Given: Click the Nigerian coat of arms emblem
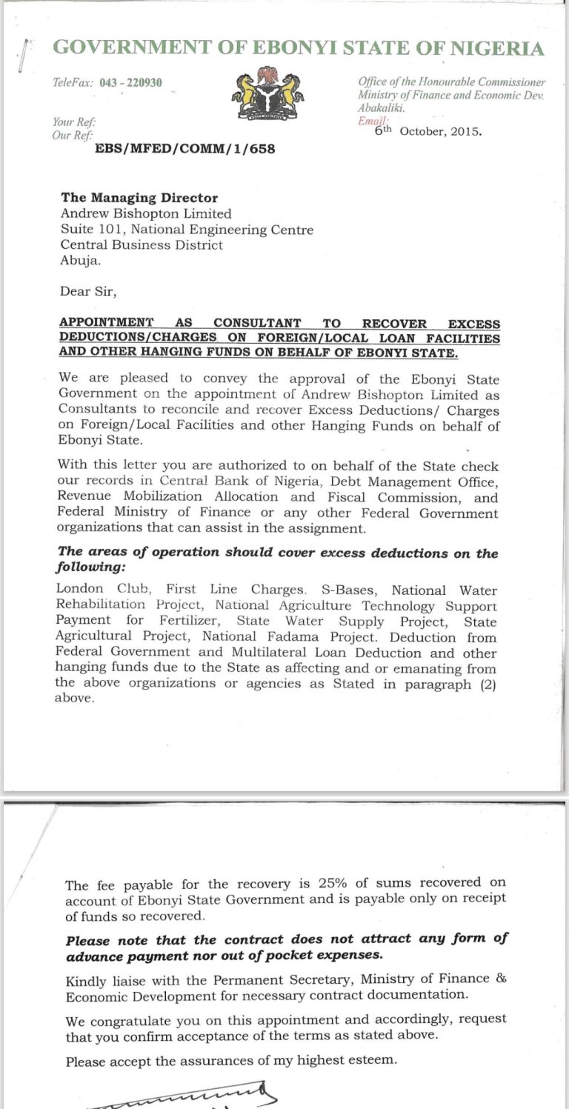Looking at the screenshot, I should click(x=268, y=93).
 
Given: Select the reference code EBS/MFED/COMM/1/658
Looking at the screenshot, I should click(x=184, y=148).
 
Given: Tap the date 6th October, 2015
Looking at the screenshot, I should click(x=428, y=131).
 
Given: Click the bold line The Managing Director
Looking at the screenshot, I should click(x=139, y=198).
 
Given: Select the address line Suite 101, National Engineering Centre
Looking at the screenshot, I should click(x=187, y=230).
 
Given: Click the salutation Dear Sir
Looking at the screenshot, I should click(x=88, y=291).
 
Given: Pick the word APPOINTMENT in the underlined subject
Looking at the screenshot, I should click(x=106, y=323).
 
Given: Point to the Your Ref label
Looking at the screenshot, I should click(x=74, y=122).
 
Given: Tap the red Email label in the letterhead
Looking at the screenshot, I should click(x=373, y=121).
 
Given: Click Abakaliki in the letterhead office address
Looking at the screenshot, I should click(x=382, y=107).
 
